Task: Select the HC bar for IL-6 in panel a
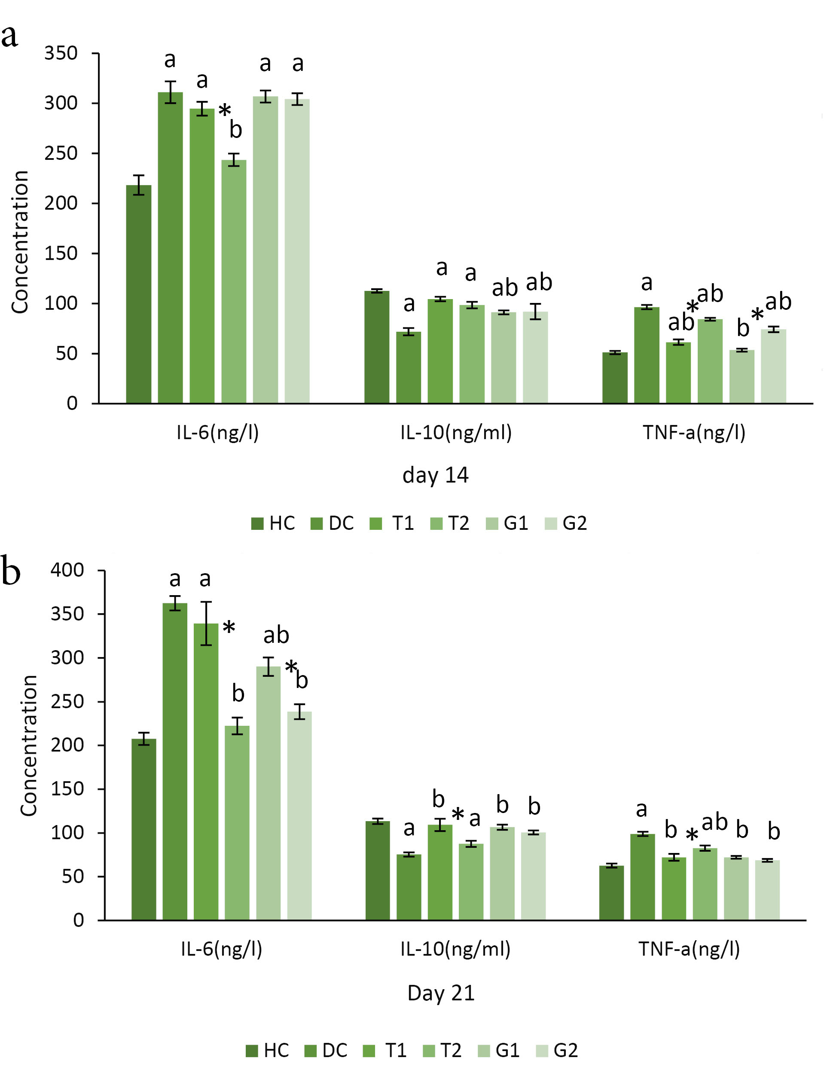[x=138, y=294]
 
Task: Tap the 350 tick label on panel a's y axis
[x=61, y=53]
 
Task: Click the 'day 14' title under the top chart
[x=435, y=475]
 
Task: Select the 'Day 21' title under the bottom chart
[x=440, y=993]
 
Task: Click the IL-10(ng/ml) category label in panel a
[x=456, y=433]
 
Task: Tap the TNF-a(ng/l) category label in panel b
[x=689, y=949]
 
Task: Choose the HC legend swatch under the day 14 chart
[x=257, y=524]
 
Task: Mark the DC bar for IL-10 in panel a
[x=409, y=368]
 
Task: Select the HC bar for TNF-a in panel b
[x=611, y=893]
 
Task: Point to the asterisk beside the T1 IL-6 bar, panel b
[x=229, y=628]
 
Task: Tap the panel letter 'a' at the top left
[x=9, y=35]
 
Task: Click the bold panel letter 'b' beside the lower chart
[x=11, y=570]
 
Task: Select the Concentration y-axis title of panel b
[x=29, y=746]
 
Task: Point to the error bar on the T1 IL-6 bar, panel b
[x=206, y=624]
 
